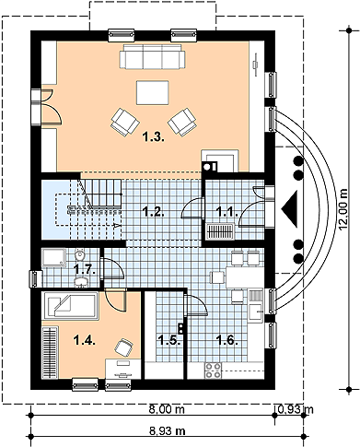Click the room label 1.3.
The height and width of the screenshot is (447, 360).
154,137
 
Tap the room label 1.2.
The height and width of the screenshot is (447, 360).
154,212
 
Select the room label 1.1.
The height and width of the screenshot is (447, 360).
226,212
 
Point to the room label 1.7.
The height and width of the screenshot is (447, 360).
85,270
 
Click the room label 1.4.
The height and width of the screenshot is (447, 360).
85,340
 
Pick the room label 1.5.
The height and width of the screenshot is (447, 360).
168,340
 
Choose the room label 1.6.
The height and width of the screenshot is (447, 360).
226,340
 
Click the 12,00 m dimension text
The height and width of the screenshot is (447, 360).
343,208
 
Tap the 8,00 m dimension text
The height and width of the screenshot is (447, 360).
167,409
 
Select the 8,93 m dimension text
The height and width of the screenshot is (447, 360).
168,431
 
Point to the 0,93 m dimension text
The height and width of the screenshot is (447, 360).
296,409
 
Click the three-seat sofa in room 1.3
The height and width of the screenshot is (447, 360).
152,56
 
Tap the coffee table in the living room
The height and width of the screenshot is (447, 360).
153,92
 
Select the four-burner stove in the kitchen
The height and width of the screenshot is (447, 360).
213,371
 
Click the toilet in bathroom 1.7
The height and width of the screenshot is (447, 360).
80,254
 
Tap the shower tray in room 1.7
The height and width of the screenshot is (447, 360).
54,257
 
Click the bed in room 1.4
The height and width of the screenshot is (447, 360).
71,306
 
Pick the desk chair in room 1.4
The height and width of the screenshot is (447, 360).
124,347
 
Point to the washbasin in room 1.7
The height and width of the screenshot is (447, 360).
81,282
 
